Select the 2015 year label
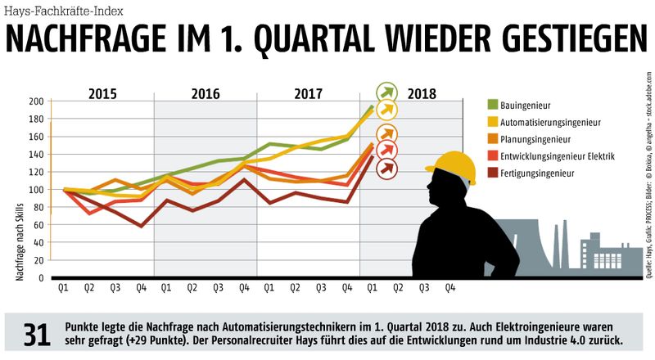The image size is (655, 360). click(x=102, y=92)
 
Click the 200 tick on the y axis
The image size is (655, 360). click(x=35, y=101)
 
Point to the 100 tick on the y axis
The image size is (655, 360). click(x=35, y=190)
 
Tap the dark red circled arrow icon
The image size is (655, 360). click(x=386, y=168)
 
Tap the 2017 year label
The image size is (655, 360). click(x=309, y=92)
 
